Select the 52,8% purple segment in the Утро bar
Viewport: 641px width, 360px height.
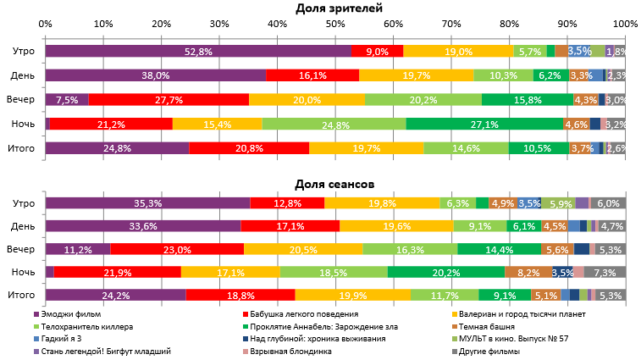(198, 52)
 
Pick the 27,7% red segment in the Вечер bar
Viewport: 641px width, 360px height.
(169, 100)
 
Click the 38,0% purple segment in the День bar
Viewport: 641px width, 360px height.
(155, 75)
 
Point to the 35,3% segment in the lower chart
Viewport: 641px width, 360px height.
(147, 203)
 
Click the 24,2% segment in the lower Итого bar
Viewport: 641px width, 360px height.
(115, 295)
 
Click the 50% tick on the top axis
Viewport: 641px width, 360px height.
(335, 25)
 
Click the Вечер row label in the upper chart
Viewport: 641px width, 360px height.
(21, 100)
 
